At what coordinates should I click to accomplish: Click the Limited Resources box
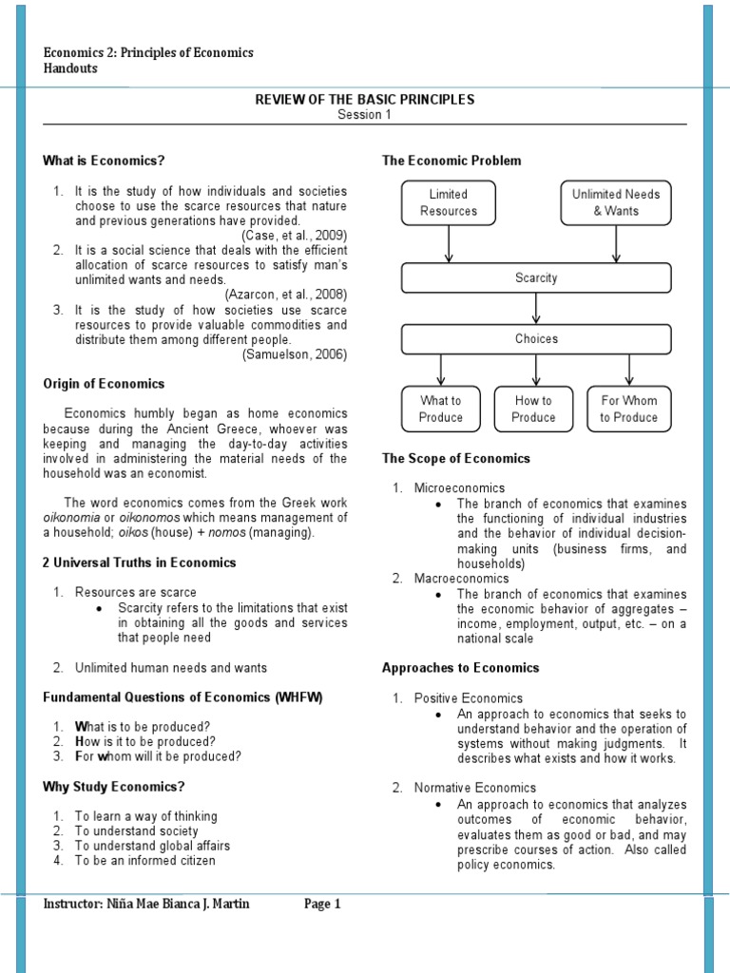click(x=449, y=202)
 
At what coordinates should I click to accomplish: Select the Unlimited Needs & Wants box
click(x=616, y=202)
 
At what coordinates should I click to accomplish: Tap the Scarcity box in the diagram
click(x=536, y=278)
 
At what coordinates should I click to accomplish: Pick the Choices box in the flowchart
click(x=536, y=339)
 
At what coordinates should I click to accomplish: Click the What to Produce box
click(x=441, y=409)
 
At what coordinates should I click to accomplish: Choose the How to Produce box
click(x=533, y=409)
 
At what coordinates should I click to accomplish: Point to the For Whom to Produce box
click(x=628, y=409)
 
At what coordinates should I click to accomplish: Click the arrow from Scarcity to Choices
click(x=537, y=309)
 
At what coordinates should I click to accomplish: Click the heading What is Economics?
click(x=110, y=161)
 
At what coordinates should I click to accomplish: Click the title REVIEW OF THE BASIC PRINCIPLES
click(x=364, y=100)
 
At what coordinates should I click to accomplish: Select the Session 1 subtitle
click(x=364, y=115)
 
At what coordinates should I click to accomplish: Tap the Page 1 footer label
click(x=322, y=905)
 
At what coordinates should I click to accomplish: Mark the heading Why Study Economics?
click(x=114, y=786)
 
